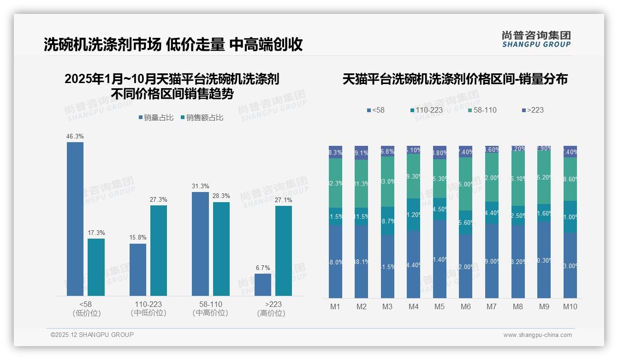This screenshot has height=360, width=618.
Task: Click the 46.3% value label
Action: click(75, 137)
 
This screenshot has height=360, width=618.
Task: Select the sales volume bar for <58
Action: click(75, 219)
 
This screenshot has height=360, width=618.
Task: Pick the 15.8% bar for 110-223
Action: click(138, 270)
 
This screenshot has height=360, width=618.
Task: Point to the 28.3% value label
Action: click(221, 196)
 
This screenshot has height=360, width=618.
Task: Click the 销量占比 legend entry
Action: click(156, 118)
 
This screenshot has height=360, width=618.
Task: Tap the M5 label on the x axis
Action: click(440, 307)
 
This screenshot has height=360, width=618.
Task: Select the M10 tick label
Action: click(570, 307)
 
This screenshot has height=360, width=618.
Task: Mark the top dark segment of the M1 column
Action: click(335, 152)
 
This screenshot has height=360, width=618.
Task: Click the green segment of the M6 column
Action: click(465, 184)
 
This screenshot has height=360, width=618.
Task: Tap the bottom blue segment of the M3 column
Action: click(387, 266)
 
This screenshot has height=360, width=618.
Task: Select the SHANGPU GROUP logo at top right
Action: click(536, 39)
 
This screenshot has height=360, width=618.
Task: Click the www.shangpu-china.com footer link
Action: click(537, 335)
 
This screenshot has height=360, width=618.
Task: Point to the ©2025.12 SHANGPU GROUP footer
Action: click(92, 335)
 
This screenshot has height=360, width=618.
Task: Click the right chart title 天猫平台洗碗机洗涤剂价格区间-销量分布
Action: click(455, 79)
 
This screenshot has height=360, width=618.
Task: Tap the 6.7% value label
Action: click(263, 268)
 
